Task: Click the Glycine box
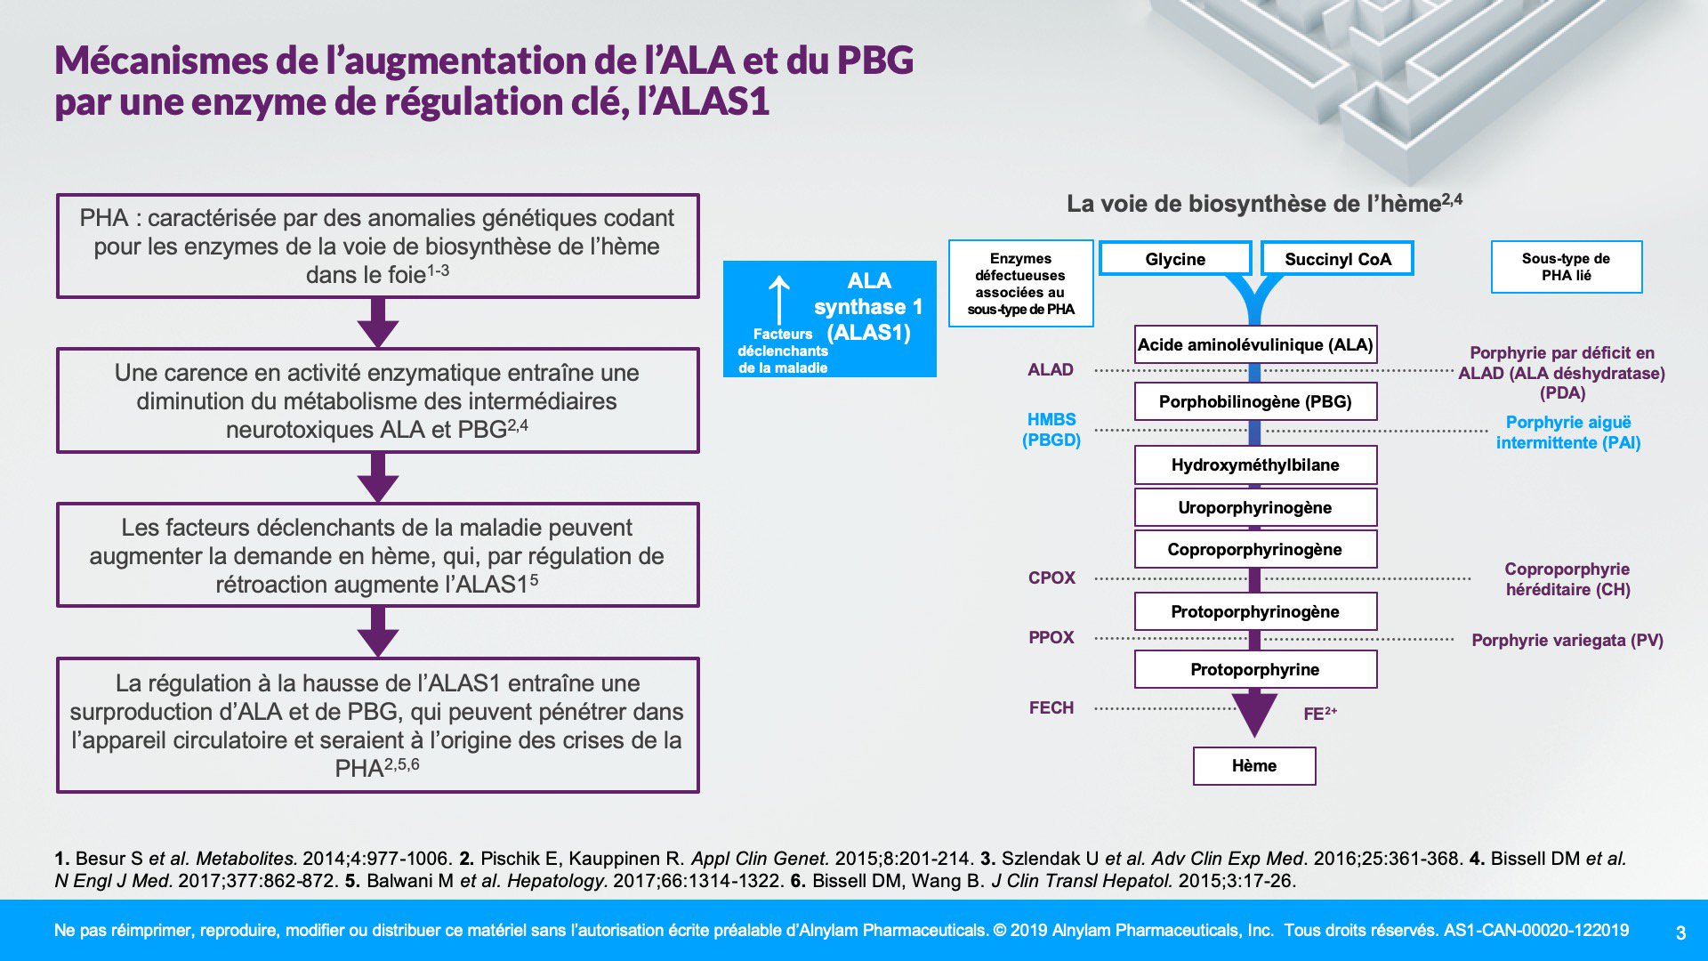(x=1175, y=259)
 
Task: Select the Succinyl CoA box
(x=1337, y=259)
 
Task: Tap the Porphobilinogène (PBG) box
(x=1255, y=401)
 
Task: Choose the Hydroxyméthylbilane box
(x=1255, y=464)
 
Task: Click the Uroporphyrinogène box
(x=1255, y=507)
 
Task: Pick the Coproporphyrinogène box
(x=1255, y=549)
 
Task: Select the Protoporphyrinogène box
(x=1255, y=611)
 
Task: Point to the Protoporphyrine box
(x=1255, y=669)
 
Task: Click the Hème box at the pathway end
(x=1254, y=766)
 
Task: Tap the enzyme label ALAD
(x=1051, y=369)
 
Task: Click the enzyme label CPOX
(x=1051, y=577)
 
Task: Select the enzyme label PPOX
(x=1051, y=637)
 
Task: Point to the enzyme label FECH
(x=1051, y=707)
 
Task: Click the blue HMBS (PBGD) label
(x=1051, y=429)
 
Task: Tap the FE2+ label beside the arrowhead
(x=1320, y=713)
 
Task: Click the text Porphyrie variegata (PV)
(x=1567, y=640)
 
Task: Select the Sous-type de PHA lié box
(x=1567, y=267)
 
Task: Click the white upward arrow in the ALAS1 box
(x=779, y=300)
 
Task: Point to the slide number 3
(x=1680, y=933)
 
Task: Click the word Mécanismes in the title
(x=162, y=61)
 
